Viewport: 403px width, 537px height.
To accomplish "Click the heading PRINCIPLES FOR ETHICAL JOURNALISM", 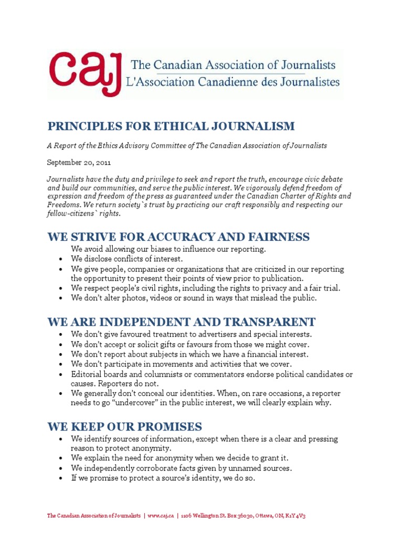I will [x=171, y=126].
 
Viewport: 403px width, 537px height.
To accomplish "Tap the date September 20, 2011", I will [x=79, y=162].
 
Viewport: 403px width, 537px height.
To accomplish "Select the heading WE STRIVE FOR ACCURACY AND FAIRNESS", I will [x=178, y=237].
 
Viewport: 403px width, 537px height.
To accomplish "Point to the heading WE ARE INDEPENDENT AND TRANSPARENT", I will [x=182, y=321].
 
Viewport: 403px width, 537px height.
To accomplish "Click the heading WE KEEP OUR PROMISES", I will [x=125, y=426].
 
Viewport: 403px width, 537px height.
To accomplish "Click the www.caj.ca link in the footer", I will [x=160, y=516].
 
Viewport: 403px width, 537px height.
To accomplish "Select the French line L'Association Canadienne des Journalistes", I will [x=235, y=82].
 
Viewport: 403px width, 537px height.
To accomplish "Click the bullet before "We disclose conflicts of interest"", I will [x=61, y=259].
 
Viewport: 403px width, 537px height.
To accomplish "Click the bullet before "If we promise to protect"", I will [x=61, y=478].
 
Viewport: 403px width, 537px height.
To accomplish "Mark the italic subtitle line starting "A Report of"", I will [x=187, y=145].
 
